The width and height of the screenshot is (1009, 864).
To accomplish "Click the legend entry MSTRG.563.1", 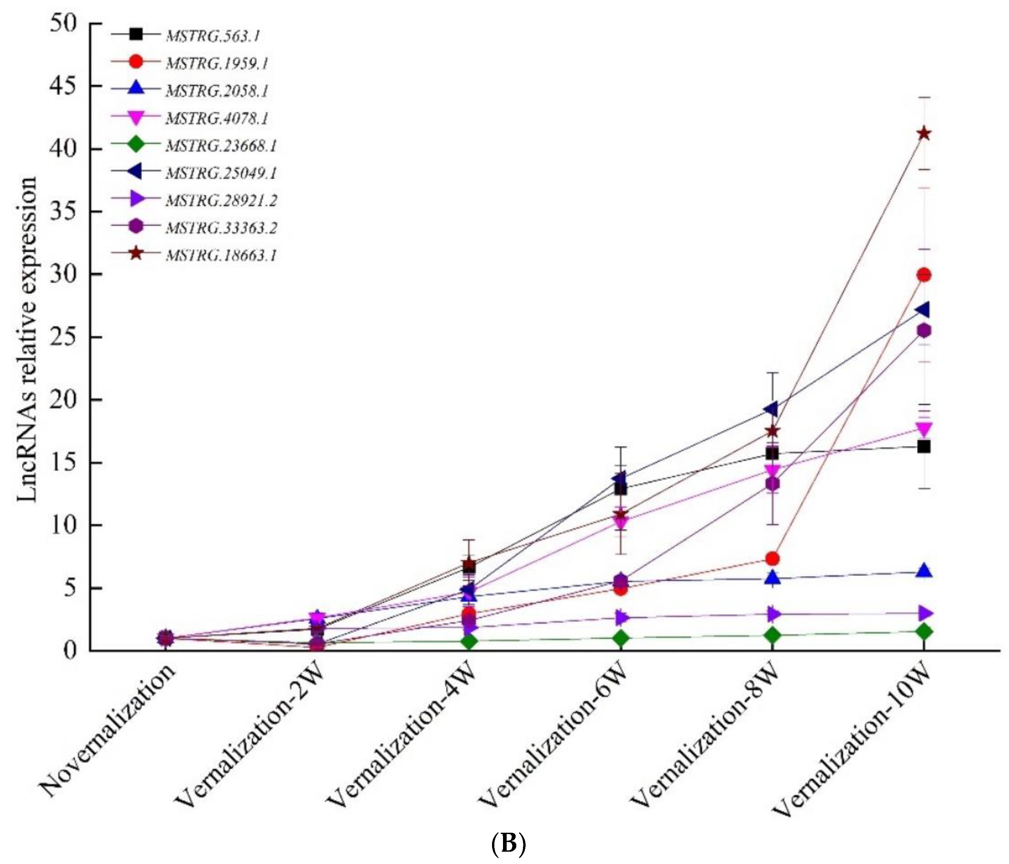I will pyautogui.click(x=213, y=36).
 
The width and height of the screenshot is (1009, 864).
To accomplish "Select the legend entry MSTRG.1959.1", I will pyautogui.click(x=217, y=63).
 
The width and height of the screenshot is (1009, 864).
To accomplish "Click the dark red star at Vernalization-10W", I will pyautogui.click(x=924, y=133).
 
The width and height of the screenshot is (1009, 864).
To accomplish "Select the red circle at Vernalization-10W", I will pyautogui.click(x=924, y=275).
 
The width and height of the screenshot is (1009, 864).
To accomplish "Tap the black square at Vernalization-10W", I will pyautogui.click(x=924, y=446).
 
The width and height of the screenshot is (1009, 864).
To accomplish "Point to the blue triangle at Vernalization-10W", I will pyautogui.click(x=924, y=571).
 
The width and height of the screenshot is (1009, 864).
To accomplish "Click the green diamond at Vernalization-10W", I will pyautogui.click(x=924, y=632).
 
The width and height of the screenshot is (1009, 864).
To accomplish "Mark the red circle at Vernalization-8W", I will pyautogui.click(x=772, y=558).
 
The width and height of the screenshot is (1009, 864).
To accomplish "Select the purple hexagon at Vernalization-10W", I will pyautogui.click(x=924, y=331).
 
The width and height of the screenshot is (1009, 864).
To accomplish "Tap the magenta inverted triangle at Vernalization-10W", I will pyautogui.click(x=924, y=429).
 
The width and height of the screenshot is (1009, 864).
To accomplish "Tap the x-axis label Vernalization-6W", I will pyautogui.click(x=553, y=736).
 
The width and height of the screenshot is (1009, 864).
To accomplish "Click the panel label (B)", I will pyautogui.click(x=508, y=845).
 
